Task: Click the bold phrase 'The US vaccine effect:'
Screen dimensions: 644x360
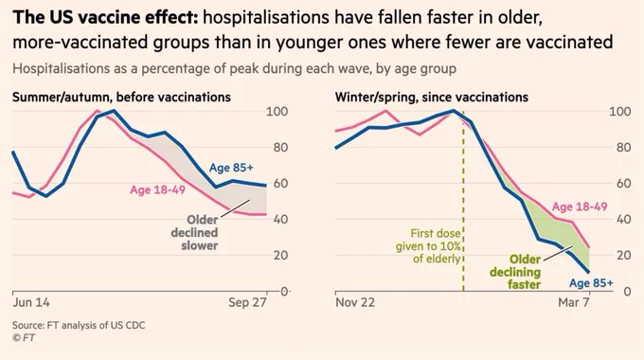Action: [105, 18]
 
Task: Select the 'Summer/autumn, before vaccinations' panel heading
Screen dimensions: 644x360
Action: [121, 98]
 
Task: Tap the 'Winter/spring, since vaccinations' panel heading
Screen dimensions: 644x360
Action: [432, 98]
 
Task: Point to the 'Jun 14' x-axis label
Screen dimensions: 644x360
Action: [31, 302]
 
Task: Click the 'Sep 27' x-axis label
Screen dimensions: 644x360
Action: [248, 302]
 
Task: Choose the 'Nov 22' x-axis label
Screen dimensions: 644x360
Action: [355, 302]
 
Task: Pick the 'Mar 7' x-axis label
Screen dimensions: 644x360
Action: [574, 302]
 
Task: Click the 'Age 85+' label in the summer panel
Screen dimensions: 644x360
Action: [231, 168]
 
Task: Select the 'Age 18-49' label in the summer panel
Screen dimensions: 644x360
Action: [158, 189]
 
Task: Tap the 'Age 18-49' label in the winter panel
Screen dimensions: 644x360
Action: [580, 207]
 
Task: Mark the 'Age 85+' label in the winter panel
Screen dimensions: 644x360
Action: [591, 283]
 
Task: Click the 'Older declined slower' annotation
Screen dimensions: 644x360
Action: [194, 233]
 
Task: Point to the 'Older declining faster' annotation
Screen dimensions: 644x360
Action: [515, 272]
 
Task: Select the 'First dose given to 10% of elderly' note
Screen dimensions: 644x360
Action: [428, 246]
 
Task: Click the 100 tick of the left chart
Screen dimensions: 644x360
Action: [277, 112]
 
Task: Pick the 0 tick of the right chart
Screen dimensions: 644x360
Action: [627, 292]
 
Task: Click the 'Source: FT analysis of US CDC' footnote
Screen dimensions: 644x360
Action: [79, 326]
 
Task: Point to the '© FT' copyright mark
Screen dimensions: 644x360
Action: [24, 338]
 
